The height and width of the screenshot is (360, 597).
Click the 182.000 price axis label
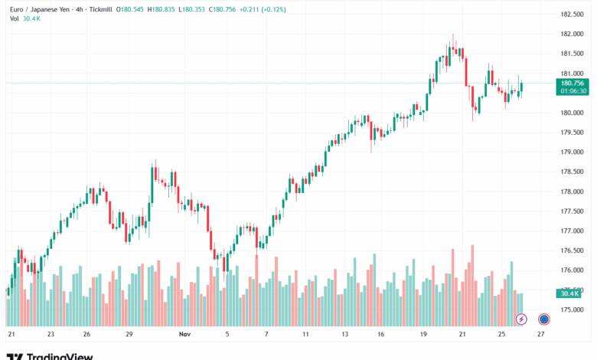point(572,34)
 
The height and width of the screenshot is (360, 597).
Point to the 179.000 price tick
point(572,152)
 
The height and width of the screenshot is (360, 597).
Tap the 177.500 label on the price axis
point(572,211)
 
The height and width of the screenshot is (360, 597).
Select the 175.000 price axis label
point(572,310)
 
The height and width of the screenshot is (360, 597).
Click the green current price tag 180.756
point(573,83)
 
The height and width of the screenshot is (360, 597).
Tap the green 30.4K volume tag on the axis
point(569,293)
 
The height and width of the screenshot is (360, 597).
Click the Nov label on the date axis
point(184,335)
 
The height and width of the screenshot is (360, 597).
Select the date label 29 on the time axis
point(129,335)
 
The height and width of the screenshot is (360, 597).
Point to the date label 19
point(423,335)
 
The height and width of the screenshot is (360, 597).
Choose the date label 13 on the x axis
point(345,335)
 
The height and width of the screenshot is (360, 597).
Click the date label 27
point(541,335)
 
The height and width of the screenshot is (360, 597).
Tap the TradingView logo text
point(60,356)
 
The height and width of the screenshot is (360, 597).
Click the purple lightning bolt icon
point(521,319)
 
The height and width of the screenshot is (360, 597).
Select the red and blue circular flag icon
point(543,319)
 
